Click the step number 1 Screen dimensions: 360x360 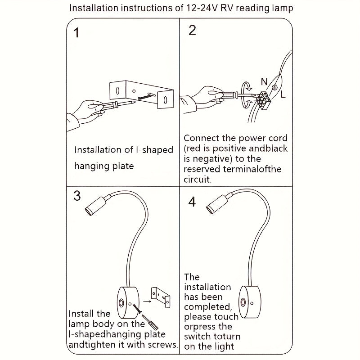[76, 32]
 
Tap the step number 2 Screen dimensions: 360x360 [193, 30]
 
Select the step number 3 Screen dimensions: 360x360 [77, 196]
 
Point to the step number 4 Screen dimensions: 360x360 [192, 202]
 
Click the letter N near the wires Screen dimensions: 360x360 [264, 81]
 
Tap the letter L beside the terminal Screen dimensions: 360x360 [283, 94]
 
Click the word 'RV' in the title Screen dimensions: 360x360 [227, 8]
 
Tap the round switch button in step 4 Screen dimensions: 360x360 [243, 302]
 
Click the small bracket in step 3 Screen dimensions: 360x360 [161, 297]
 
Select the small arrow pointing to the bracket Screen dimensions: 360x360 [147, 301]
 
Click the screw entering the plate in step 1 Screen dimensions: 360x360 [147, 96]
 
